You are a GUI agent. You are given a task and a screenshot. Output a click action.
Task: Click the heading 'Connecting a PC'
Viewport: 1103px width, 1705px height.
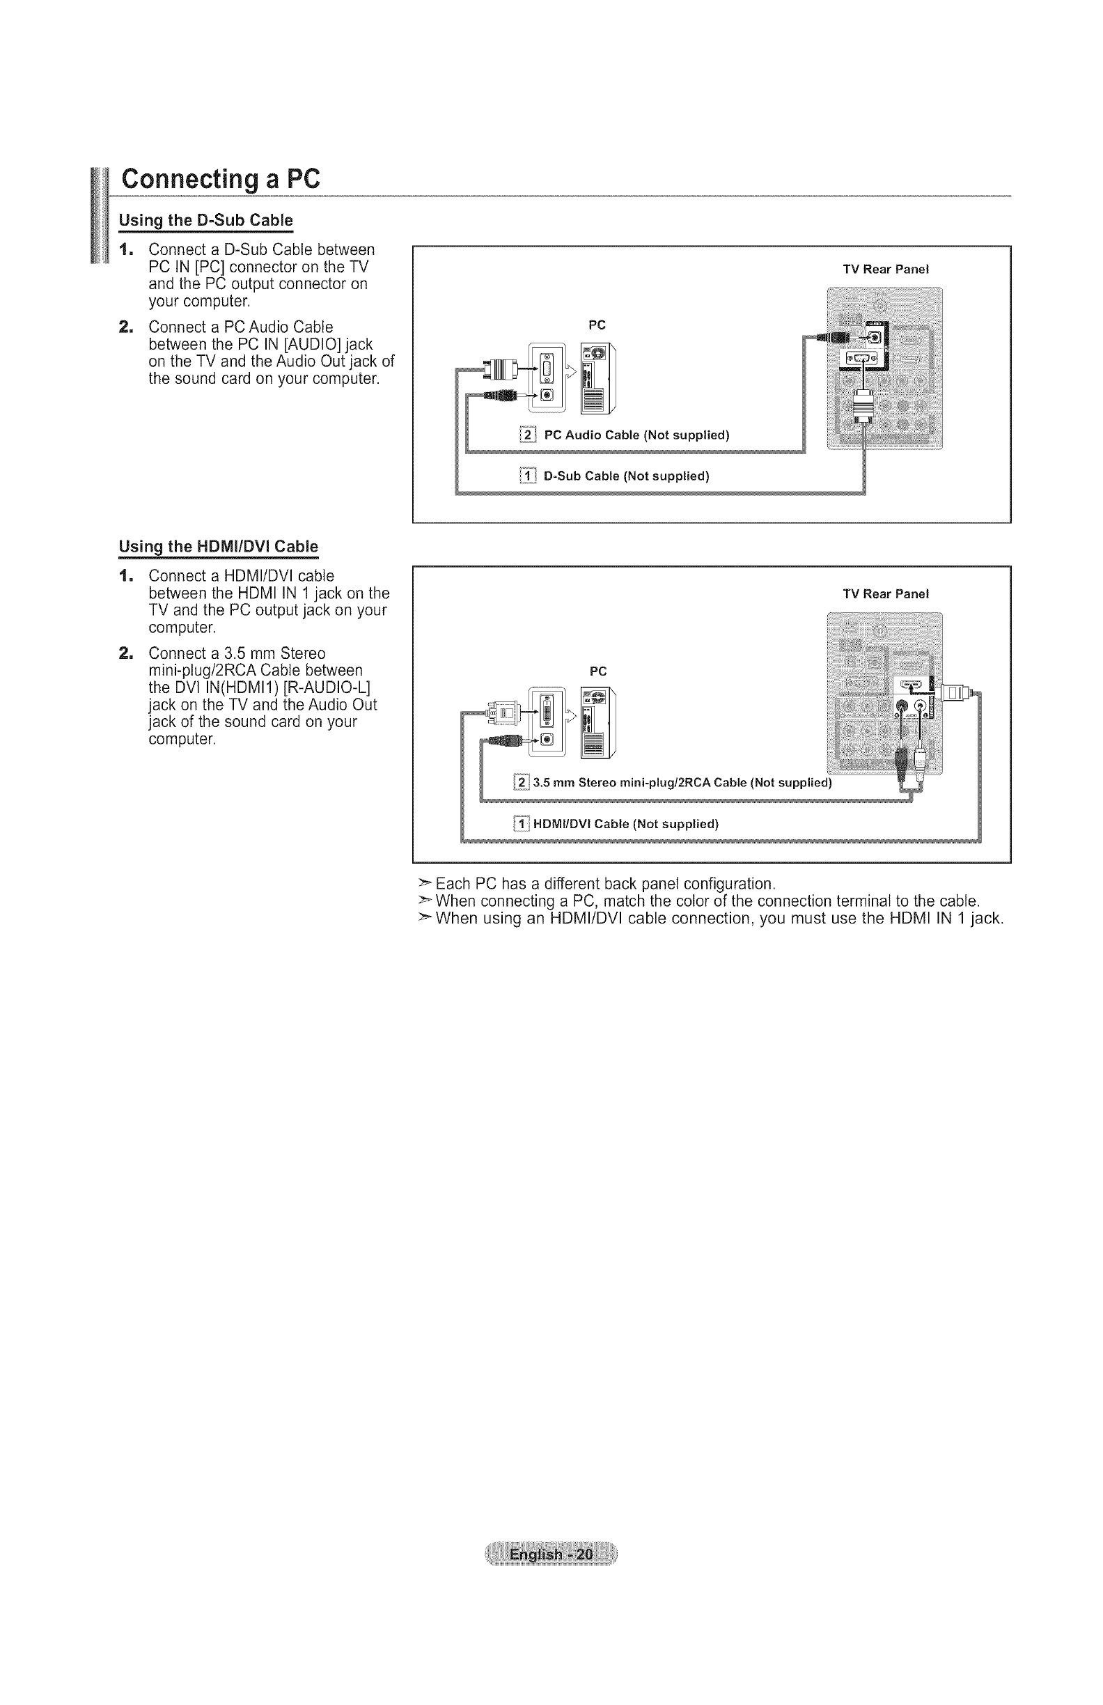220,178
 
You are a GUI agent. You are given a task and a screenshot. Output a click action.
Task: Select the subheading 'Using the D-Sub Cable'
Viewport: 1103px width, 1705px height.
205,220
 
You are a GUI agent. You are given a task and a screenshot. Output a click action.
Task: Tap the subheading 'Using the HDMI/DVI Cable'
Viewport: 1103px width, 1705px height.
219,547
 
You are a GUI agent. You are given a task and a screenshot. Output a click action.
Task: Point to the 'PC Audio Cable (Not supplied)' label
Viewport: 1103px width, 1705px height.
636,435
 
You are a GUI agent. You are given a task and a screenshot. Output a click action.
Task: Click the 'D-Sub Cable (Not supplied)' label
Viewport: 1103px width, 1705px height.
626,476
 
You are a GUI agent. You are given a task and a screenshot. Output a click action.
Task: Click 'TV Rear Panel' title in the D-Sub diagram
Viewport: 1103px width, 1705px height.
885,270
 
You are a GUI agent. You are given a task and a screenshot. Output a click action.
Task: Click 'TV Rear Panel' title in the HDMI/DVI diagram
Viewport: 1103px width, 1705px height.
885,594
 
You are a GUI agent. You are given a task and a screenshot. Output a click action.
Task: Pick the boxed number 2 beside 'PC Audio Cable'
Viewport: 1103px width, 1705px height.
527,435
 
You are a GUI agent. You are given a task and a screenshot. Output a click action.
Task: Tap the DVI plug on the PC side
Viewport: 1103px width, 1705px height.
501,712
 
